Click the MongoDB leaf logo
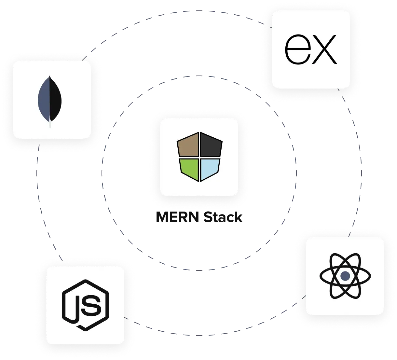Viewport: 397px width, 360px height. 50,100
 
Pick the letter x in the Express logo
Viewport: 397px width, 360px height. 323,50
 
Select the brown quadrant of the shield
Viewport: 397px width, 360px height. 188,145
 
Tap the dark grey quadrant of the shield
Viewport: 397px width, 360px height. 211,146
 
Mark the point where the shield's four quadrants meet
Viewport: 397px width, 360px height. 199,158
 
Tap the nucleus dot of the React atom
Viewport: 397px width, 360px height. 345,276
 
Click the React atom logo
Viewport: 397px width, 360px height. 345,276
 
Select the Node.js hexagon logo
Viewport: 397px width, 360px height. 85,305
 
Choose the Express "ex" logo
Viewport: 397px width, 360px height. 310,50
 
